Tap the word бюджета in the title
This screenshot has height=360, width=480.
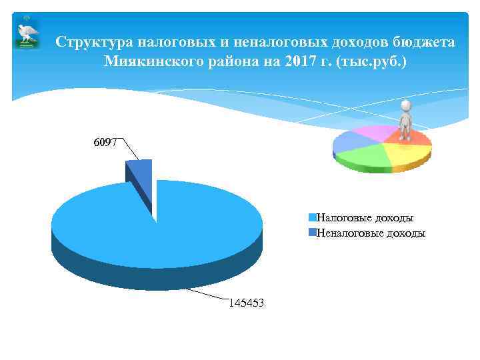[424, 43]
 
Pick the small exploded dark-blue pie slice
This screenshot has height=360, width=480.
[141, 175]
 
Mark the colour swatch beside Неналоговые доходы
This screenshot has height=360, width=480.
[312, 233]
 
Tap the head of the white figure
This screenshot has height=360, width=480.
[405, 105]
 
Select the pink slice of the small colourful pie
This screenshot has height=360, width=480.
[380, 132]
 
